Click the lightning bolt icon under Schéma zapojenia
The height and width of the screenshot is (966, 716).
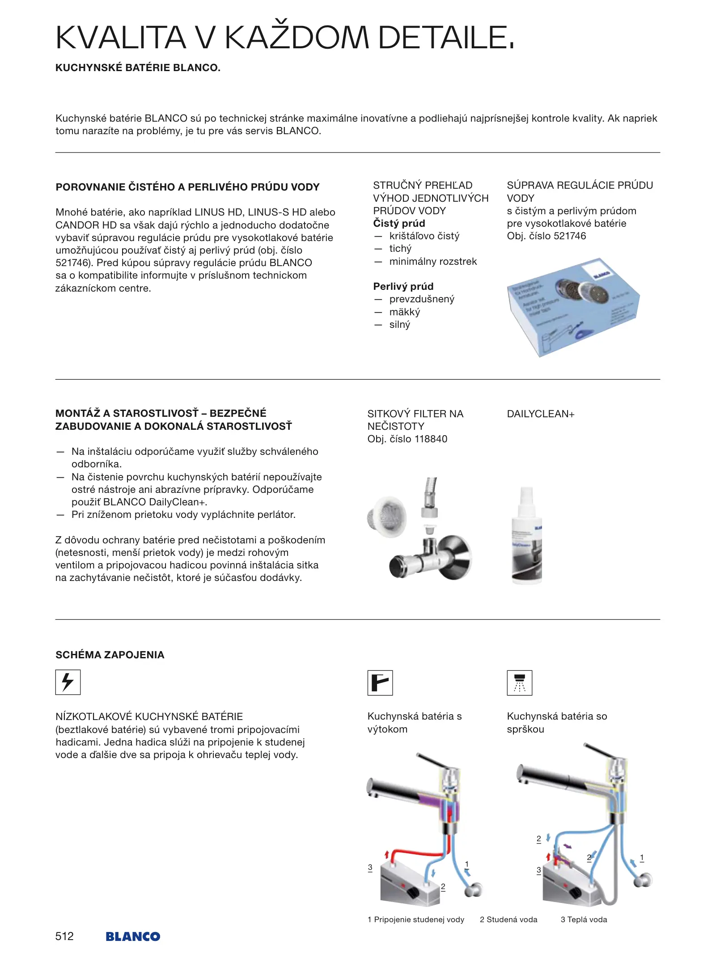pyautogui.click(x=68, y=682)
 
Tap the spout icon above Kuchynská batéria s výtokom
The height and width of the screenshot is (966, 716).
pyautogui.click(x=380, y=682)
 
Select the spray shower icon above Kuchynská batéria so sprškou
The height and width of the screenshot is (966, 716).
pyautogui.click(x=519, y=682)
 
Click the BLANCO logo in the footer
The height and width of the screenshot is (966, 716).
pyautogui.click(x=133, y=936)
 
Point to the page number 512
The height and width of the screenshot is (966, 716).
pyautogui.click(x=64, y=936)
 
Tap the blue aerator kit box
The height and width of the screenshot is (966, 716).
pyautogui.click(x=573, y=307)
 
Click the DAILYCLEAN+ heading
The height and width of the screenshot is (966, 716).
pyautogui.click(x=540, y=414)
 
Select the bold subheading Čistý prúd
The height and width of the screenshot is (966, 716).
pyautogui.click(x=399, y=223)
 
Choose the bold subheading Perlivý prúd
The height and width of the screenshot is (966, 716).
pyautogui.click(x=403, y=286)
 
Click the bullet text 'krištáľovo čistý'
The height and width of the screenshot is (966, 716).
pyautogui.click(x=424, y=236)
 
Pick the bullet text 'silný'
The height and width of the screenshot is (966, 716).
pyautogui.click(x=399, y=324)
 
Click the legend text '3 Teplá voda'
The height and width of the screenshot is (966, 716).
pyautogui.click(x=584, y=919)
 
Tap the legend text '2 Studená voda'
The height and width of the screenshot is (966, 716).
pyautogui.click(x=508, y=919)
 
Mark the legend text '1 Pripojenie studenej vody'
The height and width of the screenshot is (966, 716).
pyautogui.click(x=416, y=919)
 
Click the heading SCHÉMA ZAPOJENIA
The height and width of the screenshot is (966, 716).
pyautogui.click(x=110, y=655)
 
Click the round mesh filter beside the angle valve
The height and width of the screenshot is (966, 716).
pyautogui.click(x=387, y=517)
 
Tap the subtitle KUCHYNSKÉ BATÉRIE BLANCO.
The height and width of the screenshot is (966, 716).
pyautogui.click(x=138, y=68)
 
